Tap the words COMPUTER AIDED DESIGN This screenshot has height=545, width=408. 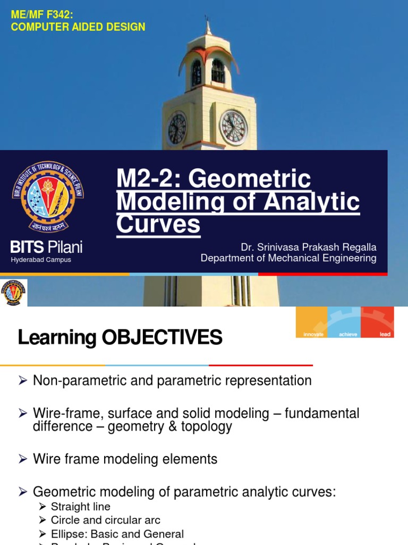[78, 27]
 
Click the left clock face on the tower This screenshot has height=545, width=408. [177, 129]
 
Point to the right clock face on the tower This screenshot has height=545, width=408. [233, 128]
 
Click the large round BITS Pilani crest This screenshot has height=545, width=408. [48, 197]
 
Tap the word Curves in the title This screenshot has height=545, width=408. [158, 225]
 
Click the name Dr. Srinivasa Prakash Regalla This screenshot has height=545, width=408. [309, 247]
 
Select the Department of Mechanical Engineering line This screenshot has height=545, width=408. [288, 258]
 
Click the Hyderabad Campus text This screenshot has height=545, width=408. [41, 260]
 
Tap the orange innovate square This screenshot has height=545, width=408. [312, 322]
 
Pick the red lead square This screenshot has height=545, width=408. [378, 322]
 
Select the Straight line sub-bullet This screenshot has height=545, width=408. [81, 506]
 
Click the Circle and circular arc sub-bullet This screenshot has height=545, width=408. [105, 520]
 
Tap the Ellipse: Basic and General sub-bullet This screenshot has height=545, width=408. [117, 534]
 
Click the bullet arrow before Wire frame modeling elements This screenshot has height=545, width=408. [22, 459]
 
